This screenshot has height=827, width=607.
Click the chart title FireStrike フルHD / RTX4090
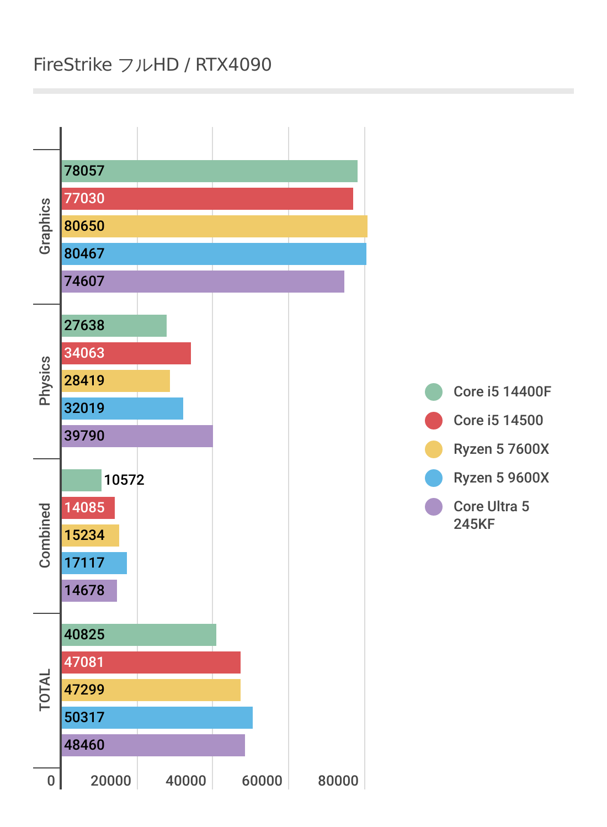coord(152,65)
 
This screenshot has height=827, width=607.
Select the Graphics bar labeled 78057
coord(210,171)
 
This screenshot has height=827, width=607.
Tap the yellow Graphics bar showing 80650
coord(215,226)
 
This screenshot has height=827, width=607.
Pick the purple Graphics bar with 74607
coord(203,282)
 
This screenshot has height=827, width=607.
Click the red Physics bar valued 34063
coord(126,353)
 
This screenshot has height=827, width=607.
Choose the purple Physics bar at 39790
coord(137,436)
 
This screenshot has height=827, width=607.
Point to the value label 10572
coord(124,480)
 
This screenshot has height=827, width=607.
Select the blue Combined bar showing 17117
coord(94,563)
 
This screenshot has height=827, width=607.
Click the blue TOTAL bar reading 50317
coord(157,718)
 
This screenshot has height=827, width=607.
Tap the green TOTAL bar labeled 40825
coord(139,635)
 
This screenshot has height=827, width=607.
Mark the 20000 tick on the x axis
coord(111,781)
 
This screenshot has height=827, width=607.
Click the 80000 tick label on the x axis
coord(338,781)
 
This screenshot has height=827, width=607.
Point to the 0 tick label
coord(51,781)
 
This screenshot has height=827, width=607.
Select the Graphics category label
coord(45,226)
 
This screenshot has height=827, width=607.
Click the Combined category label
coord(45,536)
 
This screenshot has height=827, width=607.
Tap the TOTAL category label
coord(45,690)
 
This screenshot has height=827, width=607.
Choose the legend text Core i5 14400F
coord(502,391)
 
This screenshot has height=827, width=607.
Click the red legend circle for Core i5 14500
coord(434,421)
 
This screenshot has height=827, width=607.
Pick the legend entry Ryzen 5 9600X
coord(501,478)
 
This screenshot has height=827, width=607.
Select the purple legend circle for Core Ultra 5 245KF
coord(434,507)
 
